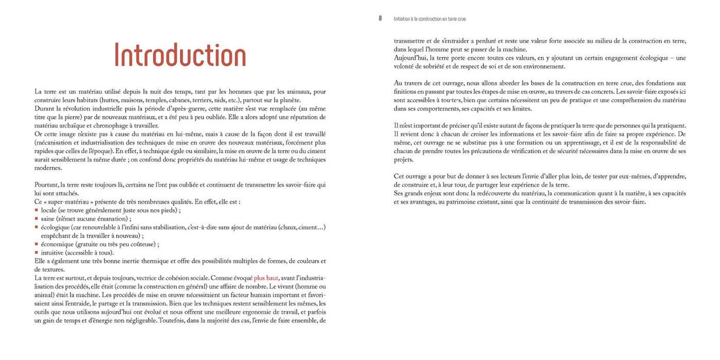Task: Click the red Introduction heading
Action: pos(180,56)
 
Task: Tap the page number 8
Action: pos(380,19)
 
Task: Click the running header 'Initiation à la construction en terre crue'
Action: pos(429,19)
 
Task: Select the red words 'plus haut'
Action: pos(266,278)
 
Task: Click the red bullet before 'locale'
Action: pos(37,210)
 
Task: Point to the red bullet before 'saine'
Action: pos(37,219)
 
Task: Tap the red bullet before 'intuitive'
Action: pos(37,253)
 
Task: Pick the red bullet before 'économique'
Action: pos(37,244)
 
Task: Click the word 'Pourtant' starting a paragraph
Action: pos(46,185)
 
